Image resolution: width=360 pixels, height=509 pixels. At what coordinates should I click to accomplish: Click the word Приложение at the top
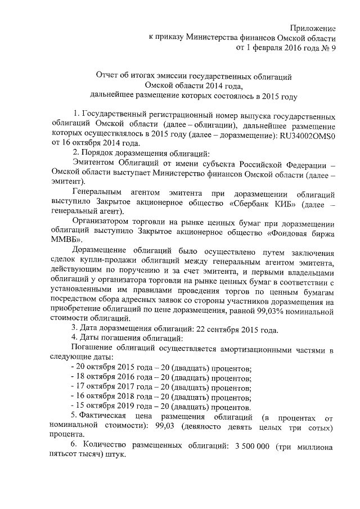[313, 28]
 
